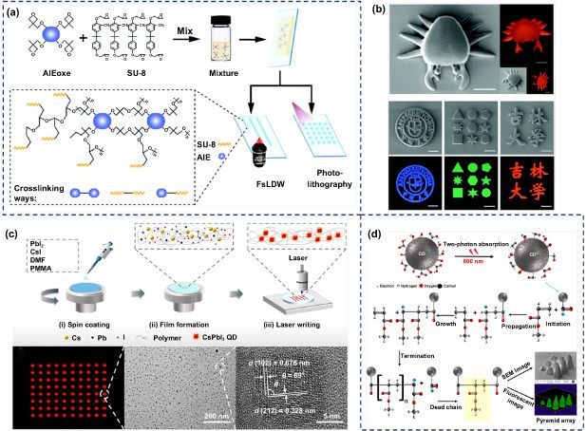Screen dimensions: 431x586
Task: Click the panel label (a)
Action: pos(13,12)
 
